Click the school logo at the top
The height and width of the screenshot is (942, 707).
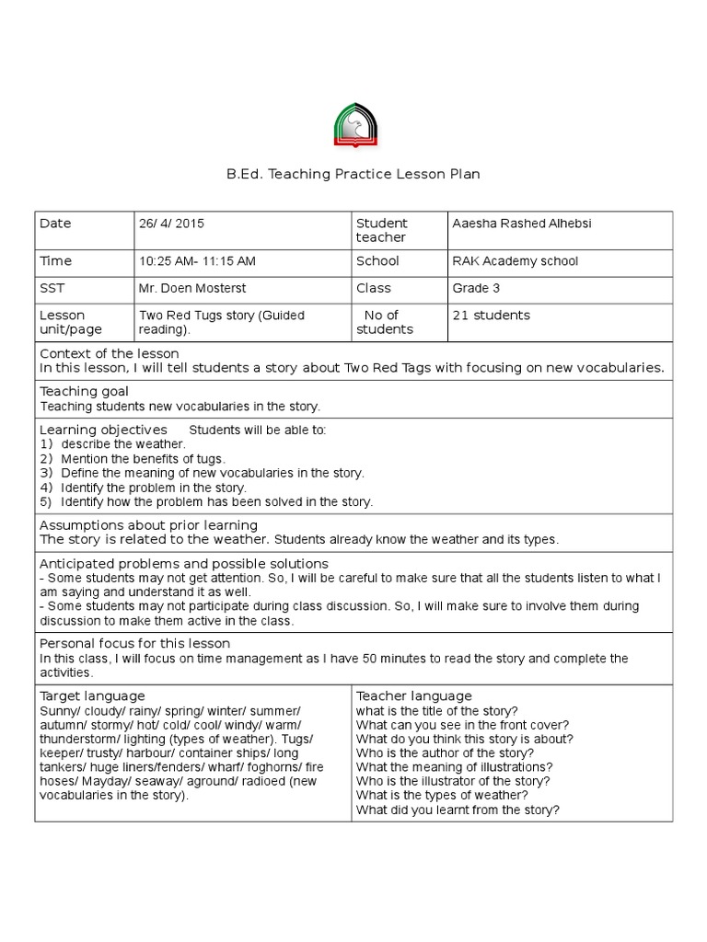click(353, 126)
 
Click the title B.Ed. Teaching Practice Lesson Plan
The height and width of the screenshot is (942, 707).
click(353, 174)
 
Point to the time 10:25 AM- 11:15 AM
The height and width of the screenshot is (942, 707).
click(197, 261)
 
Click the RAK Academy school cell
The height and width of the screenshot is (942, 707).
click(515, 261)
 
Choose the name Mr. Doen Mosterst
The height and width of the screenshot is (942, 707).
click(191, 289)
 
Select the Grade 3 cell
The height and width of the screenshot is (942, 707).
click(476, 289)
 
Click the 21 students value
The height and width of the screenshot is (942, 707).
click(491, 316)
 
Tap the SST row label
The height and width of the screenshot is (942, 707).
click(51, 289)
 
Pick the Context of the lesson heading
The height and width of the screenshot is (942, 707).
click(109, 353)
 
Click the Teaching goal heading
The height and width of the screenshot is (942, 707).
click(84, 391)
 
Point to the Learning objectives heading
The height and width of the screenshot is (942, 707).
click(103, 430)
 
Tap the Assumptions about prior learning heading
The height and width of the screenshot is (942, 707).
click(148, 524)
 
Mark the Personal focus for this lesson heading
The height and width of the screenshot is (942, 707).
click(134, 643)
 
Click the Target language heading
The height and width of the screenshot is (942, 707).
click(92, 696)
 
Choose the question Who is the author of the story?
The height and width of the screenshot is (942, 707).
click(445, 753)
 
